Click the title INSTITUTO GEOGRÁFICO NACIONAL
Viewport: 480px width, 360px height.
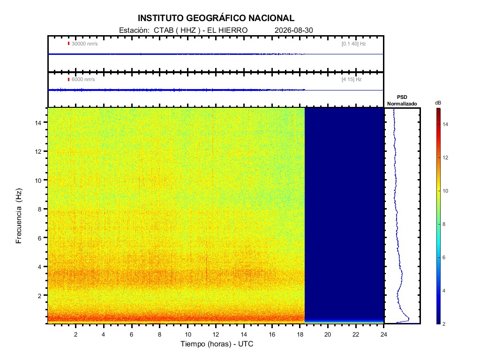(x=216, y=18)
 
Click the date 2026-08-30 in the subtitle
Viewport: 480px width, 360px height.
(x=293, y=30)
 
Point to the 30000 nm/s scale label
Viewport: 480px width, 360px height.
(x=84, y=44)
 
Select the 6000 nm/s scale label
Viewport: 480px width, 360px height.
(x=83, y=80)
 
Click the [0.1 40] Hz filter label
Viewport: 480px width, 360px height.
(x=353, y=44)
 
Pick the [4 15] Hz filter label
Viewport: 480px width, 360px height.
(x=352, y=80)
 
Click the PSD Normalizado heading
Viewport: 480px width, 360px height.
(x=402, y=100)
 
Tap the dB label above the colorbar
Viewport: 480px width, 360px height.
(x=438, y=103)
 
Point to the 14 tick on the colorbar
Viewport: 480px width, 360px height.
(x=445, y=124)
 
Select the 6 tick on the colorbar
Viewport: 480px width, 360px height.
(x=444, y=257)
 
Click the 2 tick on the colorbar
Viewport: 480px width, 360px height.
(x=444, y=324)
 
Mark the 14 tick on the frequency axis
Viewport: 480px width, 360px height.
(x=38, y=122)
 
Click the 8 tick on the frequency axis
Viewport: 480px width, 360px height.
(x=39, y=209)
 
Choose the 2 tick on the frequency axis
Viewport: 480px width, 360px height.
(x=39, y=296)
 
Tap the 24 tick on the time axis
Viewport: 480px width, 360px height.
(x=383, y=335)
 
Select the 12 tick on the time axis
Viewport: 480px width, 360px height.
(x=216, y=335)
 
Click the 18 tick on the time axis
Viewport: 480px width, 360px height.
(x=300, y=335)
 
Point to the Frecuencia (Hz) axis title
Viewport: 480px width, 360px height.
(x=19, y=216)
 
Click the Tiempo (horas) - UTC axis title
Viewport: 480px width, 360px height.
(x=217, y=344)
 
